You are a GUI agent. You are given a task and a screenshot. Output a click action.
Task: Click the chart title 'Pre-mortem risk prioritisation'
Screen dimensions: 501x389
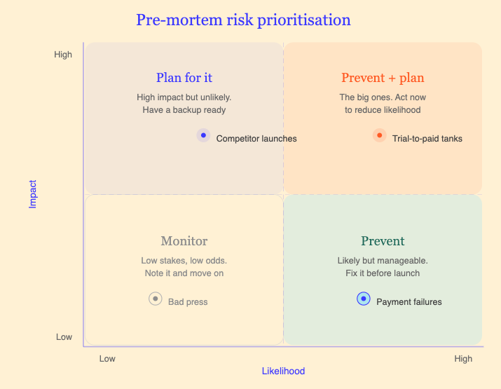tap(243, 20)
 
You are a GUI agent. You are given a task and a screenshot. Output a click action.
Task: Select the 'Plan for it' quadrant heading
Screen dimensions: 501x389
tap(184, 78)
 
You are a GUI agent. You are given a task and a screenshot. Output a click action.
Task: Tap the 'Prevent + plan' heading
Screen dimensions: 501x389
tap(383, 78)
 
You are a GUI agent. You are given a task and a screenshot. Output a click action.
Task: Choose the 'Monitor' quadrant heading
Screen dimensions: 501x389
tap(184, 241)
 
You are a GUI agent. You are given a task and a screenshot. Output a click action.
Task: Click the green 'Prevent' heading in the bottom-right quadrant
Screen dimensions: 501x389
tap(383, 241)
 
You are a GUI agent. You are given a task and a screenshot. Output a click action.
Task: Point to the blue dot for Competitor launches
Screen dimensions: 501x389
tap(203, 135)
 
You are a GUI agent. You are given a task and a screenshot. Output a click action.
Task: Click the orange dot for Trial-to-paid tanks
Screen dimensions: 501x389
tap(380, 135)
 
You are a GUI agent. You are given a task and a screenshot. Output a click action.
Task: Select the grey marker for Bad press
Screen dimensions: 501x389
tap(156, 299)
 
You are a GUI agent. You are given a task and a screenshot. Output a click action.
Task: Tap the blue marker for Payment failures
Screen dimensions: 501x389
tap(363, 299)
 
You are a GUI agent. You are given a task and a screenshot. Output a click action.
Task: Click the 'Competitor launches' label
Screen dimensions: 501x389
tap(256, 139)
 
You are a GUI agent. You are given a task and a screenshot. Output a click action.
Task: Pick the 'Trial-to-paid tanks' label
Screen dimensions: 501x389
tap(427, 139)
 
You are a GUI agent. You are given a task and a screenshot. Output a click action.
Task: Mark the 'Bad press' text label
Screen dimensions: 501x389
tap(188, 302)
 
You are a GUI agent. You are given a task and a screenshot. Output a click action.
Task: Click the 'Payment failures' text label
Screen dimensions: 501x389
tap(409, 302)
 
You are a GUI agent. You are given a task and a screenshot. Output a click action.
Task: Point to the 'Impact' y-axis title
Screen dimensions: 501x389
tap(33, 194)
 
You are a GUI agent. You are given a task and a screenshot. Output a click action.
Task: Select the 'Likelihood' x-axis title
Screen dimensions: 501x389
tap(283, 371)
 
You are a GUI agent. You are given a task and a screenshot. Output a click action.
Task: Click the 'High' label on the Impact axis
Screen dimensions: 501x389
tap(63, 55)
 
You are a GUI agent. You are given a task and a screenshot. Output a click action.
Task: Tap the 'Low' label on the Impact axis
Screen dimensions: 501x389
tap(64, 337)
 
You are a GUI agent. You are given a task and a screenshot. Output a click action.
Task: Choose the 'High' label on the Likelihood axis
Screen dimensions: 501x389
tap(463, 359)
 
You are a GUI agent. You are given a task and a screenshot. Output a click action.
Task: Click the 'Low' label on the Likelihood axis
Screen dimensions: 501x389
tap(107, 359)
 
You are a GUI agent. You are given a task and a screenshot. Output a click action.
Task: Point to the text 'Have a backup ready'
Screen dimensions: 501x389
tap(184, 110)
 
